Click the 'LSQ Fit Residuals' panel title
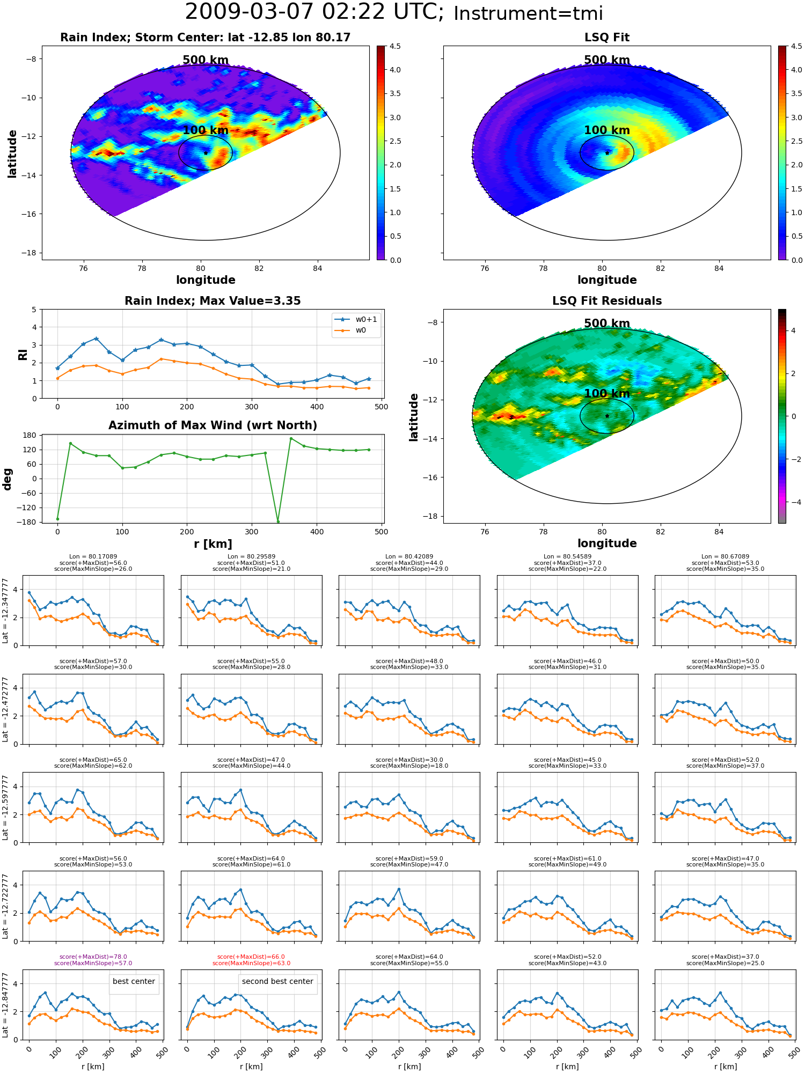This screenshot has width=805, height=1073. [607, 301]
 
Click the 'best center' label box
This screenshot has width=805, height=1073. [134, 981]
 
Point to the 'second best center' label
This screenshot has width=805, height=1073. [277, 981]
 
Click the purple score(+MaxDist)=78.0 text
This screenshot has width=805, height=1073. [93, 957]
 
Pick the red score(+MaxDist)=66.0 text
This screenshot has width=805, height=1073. [251, 957]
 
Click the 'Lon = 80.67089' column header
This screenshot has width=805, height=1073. [725, 557]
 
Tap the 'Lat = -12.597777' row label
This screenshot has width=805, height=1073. [5, 807]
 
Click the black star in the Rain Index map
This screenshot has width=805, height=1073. [206, 153]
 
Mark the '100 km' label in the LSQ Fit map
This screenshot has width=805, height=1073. [607, 130]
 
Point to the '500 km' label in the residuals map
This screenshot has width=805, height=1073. [607, 324]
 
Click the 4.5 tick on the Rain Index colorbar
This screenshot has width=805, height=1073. [395, 47]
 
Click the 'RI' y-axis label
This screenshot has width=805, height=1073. [23, 355]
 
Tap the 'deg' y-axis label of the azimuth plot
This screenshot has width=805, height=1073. [8, 479]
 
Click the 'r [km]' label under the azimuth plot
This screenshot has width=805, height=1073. [213, 544]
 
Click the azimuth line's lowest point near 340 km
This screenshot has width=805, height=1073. [278, 521]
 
